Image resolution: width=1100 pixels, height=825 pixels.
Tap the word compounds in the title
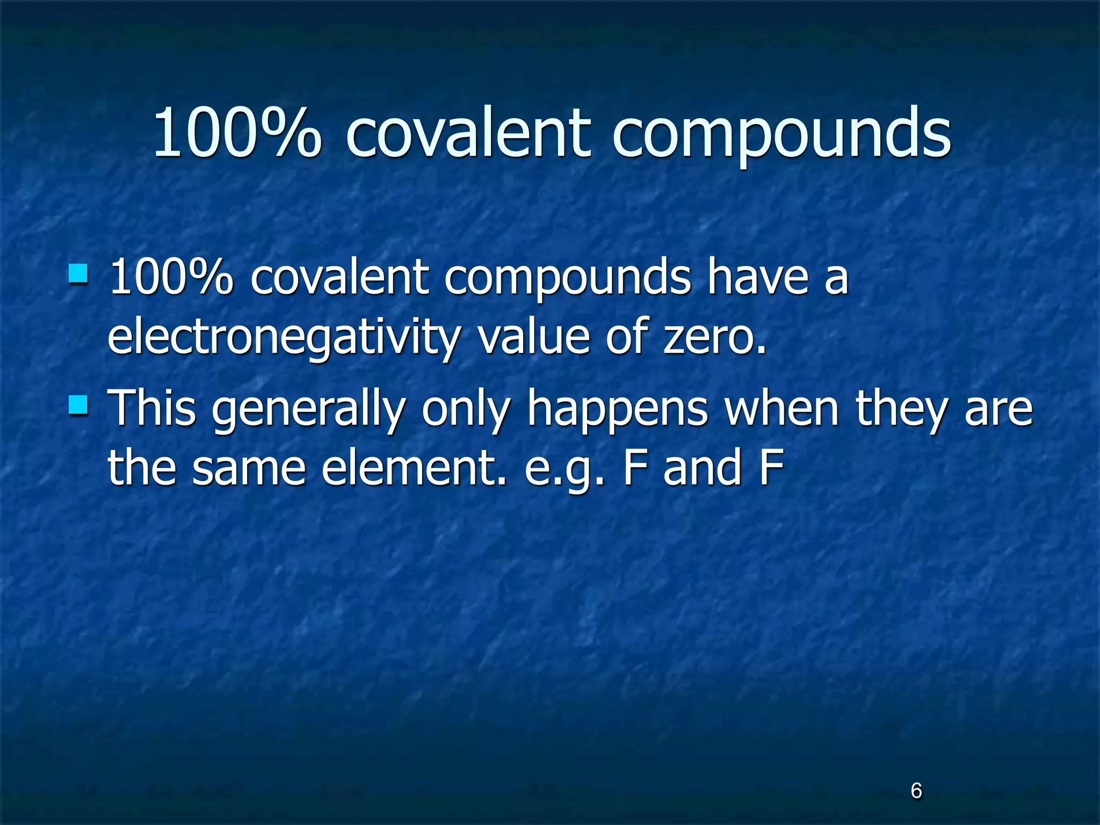pos(781,134)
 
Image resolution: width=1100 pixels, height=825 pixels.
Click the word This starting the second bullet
pos(153,408)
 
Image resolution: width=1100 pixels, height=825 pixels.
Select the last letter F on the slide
pos(772,467)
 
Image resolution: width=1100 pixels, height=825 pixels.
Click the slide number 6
pos(916,791)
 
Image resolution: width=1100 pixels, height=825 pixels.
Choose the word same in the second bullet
pos(249,467)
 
